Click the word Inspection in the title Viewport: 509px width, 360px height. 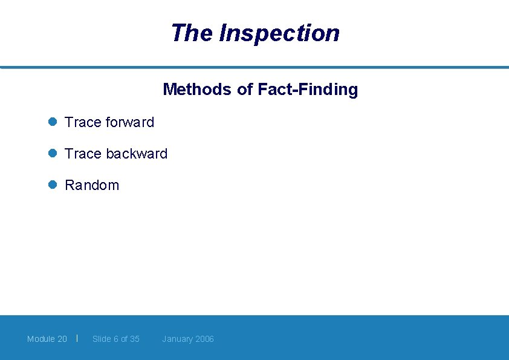(x=279, y=33)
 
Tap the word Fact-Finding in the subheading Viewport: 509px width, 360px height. (x=308, y=90)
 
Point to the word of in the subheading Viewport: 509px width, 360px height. (x=245, y=90)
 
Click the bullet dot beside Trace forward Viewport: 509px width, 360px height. (x=53, y=122)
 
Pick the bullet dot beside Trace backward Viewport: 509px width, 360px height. (x=53, y=153)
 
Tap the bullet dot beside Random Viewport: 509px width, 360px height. (x=53, y=185)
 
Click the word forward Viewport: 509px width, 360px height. (x=130, y=122)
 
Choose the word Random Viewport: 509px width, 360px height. (x=92, y=185)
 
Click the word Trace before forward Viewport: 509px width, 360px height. (x=83, y=122)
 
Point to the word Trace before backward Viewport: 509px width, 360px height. (x=83, y=154)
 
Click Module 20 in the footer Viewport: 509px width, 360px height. (x=47, y=339)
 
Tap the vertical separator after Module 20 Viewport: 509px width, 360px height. (x=77, y=338)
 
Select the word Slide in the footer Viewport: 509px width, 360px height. (x=102, y=339)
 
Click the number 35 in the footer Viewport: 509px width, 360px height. (x=134, y=339)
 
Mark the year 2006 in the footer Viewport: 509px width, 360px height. (x=204, y=339)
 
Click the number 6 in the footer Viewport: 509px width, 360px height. (x=116, y=339)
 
